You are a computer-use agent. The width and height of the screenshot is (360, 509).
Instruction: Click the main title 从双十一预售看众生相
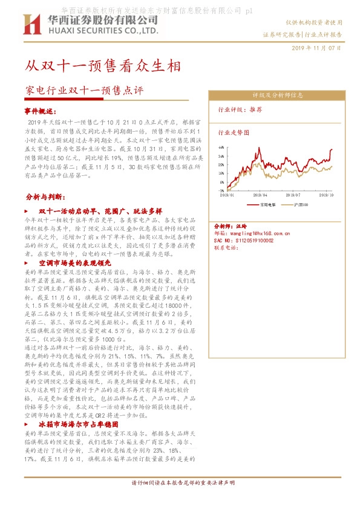[x=102, y=64]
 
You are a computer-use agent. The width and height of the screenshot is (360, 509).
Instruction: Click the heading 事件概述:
[x=41, y=112]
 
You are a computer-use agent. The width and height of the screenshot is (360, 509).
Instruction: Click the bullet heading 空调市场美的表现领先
[x=75, y=264]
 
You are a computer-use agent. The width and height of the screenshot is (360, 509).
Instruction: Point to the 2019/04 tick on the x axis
[x=261, y=195]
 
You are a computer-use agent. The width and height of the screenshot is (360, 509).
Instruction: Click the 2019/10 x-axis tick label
[x=326, y=195]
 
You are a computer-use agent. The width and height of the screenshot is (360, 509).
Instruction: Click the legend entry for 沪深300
[x=301, y=205]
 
